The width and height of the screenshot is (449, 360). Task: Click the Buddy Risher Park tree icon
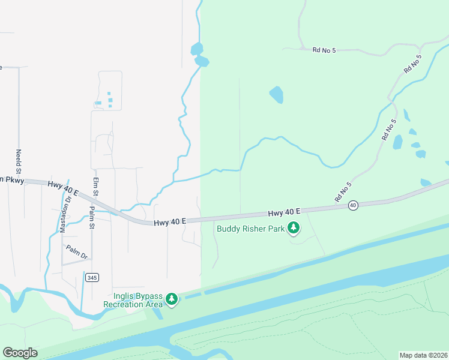(x=294, y=228)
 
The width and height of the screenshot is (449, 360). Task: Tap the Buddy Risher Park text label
(x=251, y=228)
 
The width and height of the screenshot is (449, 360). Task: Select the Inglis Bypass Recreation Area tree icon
(x=172, y=299)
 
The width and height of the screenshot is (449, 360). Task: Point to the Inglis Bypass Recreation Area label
(x=133, y=300)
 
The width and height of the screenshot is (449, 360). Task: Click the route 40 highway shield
(x=354, y=205)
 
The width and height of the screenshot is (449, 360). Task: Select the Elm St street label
(x=95, y=185)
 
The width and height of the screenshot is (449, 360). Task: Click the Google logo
(x=20, y=352)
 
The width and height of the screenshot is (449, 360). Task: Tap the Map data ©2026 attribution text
(x=423, y=355)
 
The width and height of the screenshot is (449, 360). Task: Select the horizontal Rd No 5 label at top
(x=324, y=50)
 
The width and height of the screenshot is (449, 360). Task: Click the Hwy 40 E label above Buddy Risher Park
(x=284, y=213)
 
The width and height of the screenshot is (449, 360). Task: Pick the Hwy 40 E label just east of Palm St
(x=169, y=222)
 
